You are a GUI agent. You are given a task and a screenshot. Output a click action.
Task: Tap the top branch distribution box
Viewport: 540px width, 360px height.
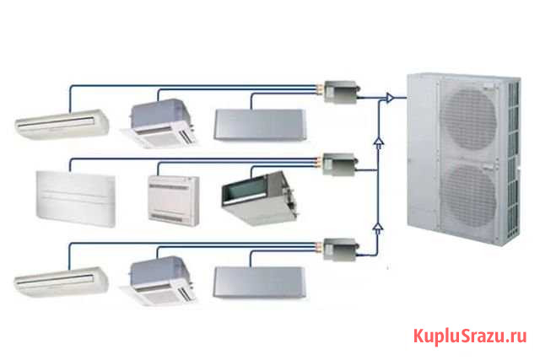coord(341,91)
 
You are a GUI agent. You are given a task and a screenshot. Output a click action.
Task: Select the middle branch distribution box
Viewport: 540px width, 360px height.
coord(341,162)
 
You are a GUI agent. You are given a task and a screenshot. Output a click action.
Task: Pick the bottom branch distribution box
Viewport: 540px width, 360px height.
coord(341,250)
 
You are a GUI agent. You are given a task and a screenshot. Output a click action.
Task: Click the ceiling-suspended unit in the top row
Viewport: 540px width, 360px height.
coord(62,123)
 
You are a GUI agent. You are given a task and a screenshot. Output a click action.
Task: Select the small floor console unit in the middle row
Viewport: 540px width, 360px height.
coord(174,199)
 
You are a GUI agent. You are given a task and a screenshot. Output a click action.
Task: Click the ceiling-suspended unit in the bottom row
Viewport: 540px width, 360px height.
coord(62,280)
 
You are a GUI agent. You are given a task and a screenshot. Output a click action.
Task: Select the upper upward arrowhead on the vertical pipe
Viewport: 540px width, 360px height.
coord(379,145)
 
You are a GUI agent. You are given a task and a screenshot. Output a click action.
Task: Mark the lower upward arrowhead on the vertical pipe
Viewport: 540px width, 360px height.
coord(379,226)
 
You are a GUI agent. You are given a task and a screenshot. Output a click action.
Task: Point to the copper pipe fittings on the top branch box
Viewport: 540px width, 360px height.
coord(321,88)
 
